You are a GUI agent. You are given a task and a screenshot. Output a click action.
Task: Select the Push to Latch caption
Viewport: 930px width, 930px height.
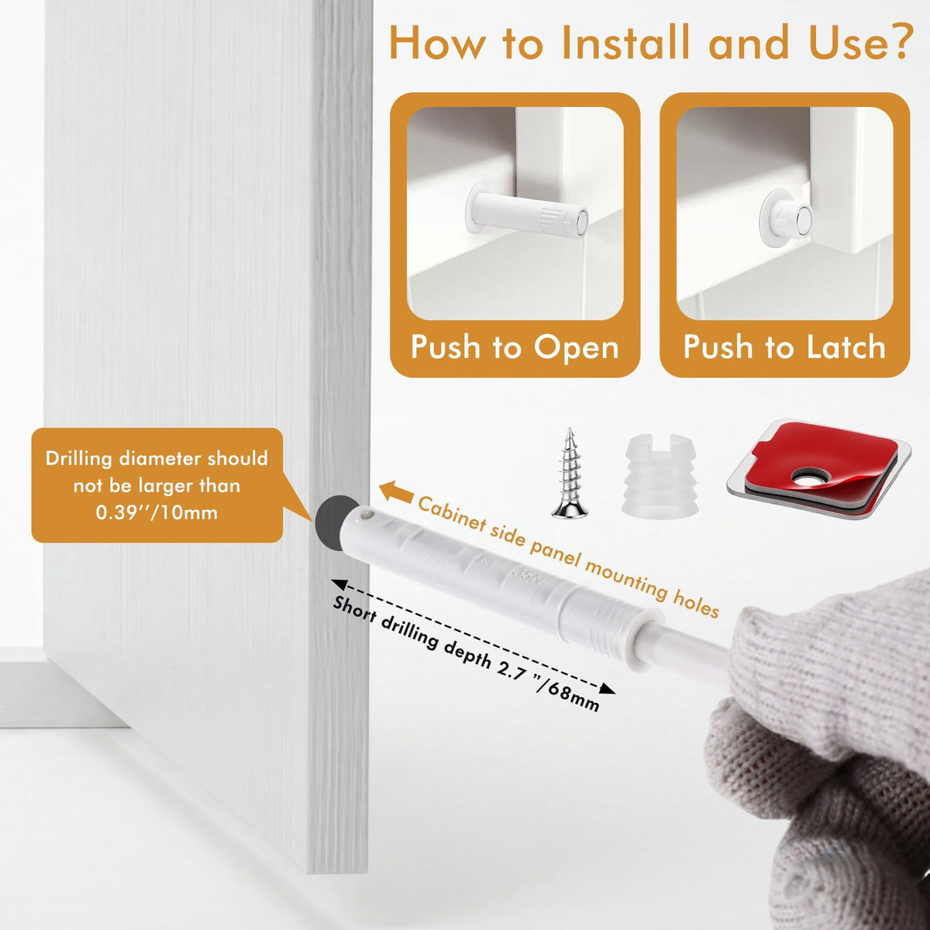784,347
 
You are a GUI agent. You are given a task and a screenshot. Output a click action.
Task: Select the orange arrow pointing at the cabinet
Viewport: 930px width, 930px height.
396,491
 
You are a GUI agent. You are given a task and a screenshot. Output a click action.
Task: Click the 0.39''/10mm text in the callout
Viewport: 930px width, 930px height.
157,512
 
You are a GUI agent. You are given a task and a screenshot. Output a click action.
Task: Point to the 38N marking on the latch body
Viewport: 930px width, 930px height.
525,576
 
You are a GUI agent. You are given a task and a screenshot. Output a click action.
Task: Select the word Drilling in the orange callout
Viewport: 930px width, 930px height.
79,459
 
